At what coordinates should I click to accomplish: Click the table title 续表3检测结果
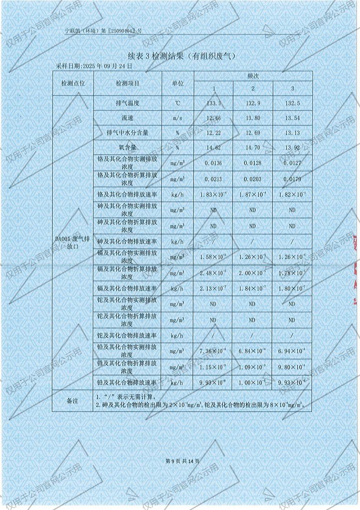[x=182, y=56]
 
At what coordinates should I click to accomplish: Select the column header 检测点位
[x=73, y=84]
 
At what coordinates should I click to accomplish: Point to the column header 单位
[x=178, y=84]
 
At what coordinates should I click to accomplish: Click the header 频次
[x=253, y=76]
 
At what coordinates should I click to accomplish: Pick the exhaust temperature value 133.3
[x=213, y=104]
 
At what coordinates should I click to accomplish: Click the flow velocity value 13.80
[x=253, y=119]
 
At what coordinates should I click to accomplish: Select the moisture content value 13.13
[x=292, y=133]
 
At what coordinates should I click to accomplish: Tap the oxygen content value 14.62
[x=213, y=148]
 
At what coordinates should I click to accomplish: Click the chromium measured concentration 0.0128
[x=253, y=163]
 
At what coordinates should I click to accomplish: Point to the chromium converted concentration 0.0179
[x=292, y=179]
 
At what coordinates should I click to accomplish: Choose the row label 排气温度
[x=128, y=104]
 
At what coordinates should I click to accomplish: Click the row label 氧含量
[x=128, y=148]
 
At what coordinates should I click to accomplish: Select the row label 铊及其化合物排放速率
[x=128, y=336]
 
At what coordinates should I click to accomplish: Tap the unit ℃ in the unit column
[x=178, y=104]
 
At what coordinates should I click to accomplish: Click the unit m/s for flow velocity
[x=178, y=119]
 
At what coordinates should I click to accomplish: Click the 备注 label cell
[x=73, y=401]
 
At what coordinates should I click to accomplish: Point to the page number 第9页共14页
[x=180, y=461]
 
